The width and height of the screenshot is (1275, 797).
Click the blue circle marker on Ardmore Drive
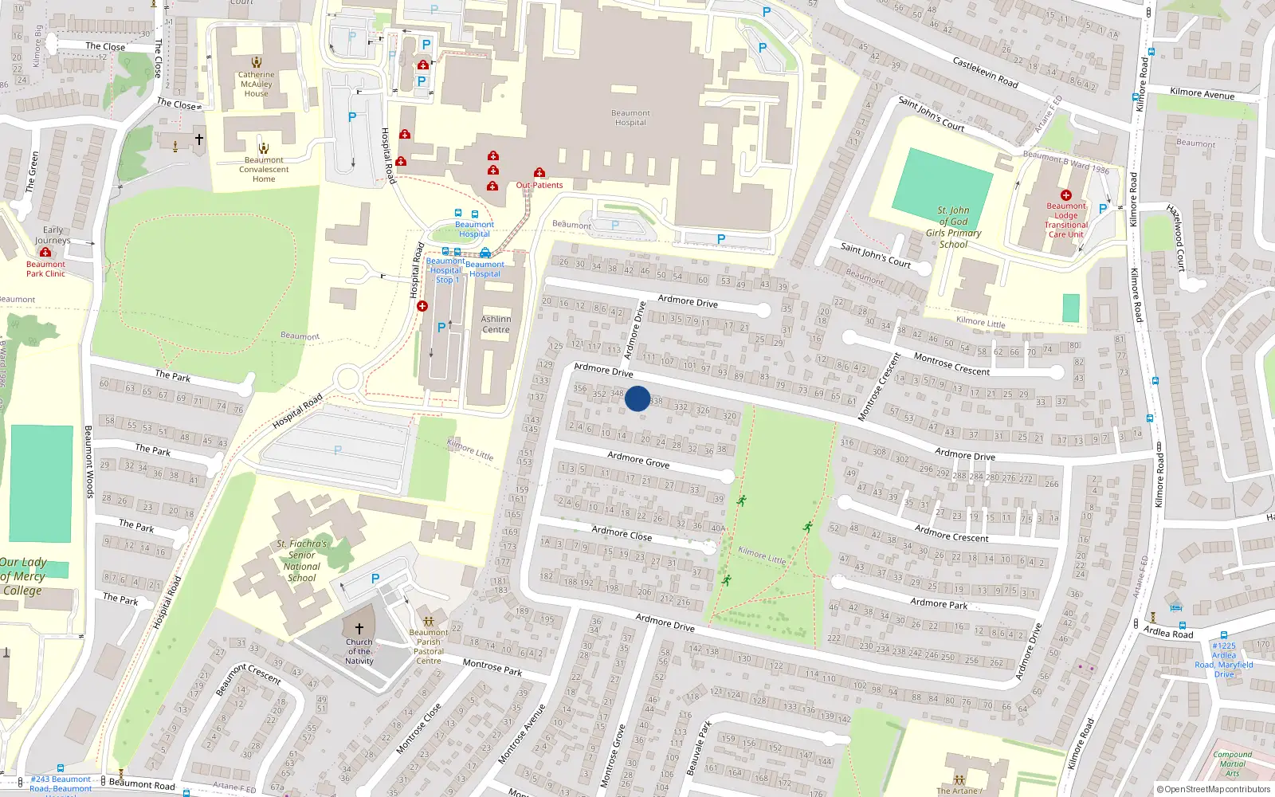coord(637,398)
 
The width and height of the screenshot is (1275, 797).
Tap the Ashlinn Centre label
coord(496,324)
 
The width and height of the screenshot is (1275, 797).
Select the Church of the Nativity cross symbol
coord(359,629)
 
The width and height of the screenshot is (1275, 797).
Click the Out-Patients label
coord(539,185)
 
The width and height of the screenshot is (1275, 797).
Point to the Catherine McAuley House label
coord(256,84)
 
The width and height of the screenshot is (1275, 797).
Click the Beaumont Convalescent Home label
coord(264,169)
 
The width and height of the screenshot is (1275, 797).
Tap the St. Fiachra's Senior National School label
coord(302,560)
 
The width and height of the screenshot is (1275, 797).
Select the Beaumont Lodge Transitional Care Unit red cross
coord(1066,194)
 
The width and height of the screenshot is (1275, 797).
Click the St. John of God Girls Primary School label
coord(953,227)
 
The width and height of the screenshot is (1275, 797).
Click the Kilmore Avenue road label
coord(1202,93)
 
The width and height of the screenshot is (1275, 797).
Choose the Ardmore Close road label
coord(622,533)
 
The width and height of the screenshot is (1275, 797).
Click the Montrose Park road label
coord(492,667)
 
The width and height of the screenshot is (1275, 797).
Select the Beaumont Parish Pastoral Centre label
coord(428,646)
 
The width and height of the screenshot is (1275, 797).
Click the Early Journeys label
coord(53,235)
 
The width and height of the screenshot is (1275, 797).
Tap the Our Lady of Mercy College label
coord(23,576)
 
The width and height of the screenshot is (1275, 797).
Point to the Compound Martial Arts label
coord(1232,764)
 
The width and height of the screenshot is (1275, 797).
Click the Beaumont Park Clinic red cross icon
coord(45,253)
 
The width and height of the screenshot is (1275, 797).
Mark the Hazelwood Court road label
coord(1176,238)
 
